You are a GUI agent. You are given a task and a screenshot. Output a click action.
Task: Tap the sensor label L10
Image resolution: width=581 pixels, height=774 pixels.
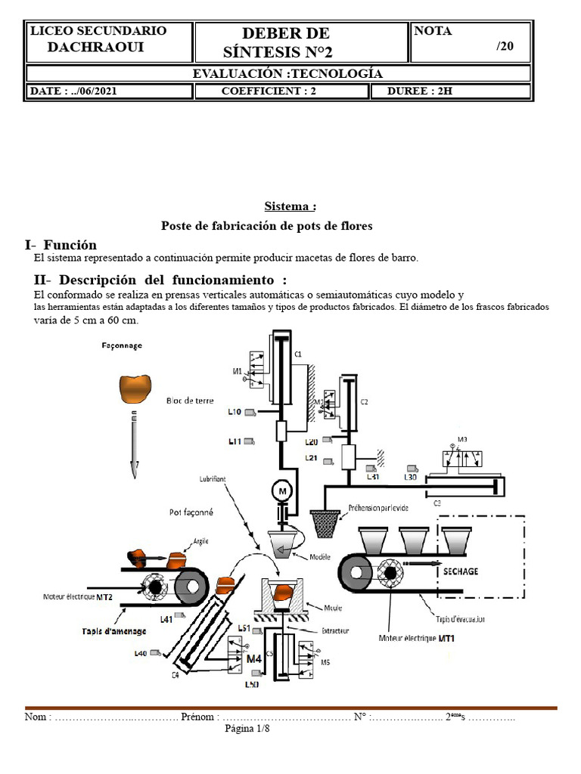tap(235, 412)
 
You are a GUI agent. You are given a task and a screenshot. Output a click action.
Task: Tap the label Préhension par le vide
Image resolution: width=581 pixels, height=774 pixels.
tap(378, 508)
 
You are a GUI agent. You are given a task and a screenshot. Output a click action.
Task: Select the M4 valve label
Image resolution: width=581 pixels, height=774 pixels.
tap(254, 658)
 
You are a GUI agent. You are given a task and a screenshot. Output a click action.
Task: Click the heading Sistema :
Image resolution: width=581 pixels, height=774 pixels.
tap(290, 206)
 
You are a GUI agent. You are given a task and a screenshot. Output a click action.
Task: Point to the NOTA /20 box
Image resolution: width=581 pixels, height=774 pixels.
tap(471, 41)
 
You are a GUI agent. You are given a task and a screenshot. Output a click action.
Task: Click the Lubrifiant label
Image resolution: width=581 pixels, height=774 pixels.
tap(216, 479)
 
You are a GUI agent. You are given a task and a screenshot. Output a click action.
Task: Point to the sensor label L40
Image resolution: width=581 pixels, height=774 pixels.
tap(141, 652)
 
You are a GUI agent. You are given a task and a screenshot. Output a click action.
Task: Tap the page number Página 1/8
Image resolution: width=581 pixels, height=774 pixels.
tap(247, 729)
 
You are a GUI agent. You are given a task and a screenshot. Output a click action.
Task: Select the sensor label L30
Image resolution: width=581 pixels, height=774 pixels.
tap(411, 477)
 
